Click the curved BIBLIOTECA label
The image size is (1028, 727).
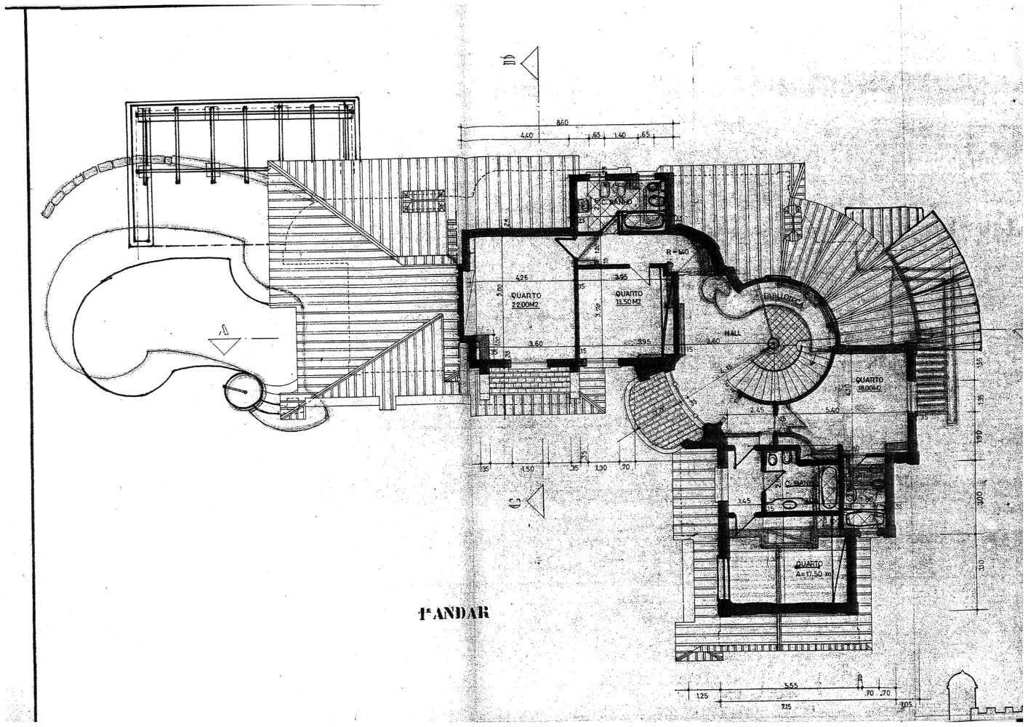point(782,301)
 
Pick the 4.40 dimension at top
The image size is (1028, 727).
point(527,135)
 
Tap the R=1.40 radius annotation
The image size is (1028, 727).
point(677,252)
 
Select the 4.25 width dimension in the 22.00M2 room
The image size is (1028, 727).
point(521,277)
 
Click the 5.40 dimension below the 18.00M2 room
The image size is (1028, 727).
point(833,411)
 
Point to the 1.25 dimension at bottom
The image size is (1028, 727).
point(702,696)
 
